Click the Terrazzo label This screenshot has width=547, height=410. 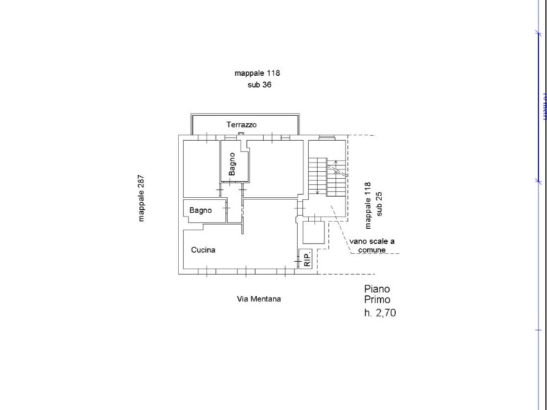(241, 125)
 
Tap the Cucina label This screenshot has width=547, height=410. (204, 250)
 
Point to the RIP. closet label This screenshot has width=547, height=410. (307, 260)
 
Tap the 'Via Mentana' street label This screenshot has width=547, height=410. (259, 299)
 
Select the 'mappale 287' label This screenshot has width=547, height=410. (141, 199)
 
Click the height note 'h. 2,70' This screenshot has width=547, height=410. (380, 313)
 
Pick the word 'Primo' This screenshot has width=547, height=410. (378, 301)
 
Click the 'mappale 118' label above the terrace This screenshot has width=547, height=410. (258, 73)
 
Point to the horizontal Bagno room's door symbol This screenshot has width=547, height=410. (227, 212)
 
